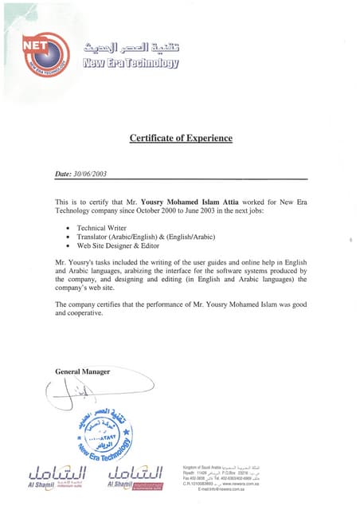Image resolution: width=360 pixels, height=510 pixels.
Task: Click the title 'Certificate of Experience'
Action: [181, 139]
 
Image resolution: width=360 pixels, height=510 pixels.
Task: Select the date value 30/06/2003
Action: [92, 174]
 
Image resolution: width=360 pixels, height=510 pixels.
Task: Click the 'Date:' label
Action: [64, 174]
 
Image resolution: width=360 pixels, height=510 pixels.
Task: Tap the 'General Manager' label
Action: [83, 372]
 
